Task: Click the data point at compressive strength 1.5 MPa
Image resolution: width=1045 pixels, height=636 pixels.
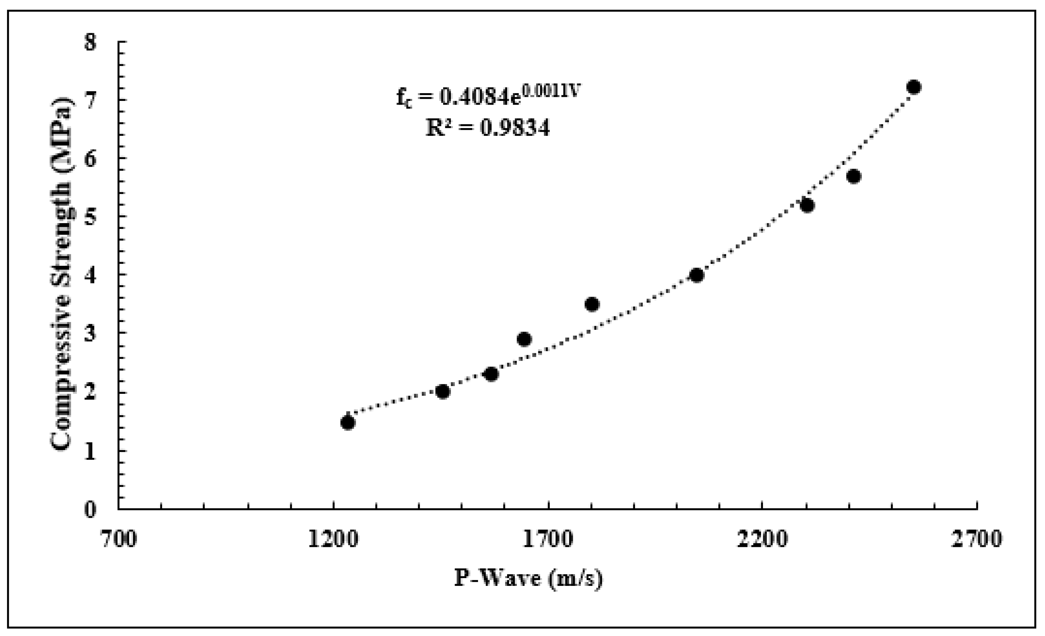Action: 348,423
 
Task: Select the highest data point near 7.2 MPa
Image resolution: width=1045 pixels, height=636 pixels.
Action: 914,87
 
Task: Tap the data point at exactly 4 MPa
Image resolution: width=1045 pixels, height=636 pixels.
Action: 697,275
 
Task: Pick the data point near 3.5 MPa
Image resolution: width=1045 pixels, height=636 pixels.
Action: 592,304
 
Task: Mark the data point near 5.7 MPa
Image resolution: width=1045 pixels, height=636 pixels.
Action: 853,176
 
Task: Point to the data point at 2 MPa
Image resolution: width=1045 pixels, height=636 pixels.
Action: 442,391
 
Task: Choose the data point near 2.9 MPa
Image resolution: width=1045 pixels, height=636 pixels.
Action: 524,339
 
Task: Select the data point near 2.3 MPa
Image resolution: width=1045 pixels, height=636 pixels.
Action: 491,374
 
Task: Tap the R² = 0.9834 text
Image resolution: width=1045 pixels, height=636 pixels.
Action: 488,128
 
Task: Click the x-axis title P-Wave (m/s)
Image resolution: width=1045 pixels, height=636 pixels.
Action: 528,579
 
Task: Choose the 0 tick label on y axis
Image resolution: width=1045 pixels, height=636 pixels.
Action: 90,509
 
